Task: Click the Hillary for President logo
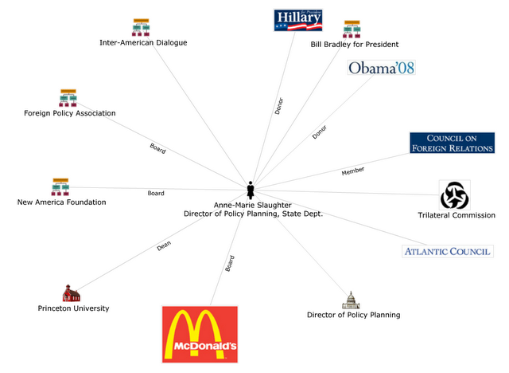[x=298, y=20]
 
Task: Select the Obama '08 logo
[x=382, y=68]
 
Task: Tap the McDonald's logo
[x=200, y=333]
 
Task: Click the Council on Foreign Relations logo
[x=452, y=143]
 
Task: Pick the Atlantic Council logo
[x=447, y=252]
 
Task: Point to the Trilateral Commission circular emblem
[x=454, y=195]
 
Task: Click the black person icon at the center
[x=251, y=190]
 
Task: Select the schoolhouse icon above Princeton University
[x=72, y=293]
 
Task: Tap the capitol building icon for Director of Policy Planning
[x=351, y=300]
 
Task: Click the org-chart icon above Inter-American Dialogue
[x=142, y=27]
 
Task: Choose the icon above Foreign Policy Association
[x=68, y=98]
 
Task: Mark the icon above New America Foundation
[x=60, y=187]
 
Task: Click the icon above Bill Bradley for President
[x=352, y=29]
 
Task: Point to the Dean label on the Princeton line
[x=164, y=247]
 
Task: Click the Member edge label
[x=353, y=171]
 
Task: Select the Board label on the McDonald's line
[x=230, y=264]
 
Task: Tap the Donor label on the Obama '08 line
[x=319, y=133]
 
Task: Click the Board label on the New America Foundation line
[x=156, y=193]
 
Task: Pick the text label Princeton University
[x=73, y=308]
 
